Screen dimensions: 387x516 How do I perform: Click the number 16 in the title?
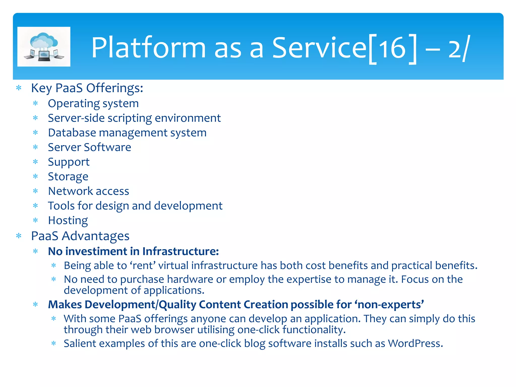[392, 48]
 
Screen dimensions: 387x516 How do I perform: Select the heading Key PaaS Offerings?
[87, 88]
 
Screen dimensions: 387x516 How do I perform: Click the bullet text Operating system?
[93, 104]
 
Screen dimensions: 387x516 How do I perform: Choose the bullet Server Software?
[89, 147]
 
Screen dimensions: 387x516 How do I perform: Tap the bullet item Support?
[69, 162]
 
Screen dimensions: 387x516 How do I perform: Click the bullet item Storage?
[68, 177]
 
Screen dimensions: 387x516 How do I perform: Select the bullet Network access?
[88, 191]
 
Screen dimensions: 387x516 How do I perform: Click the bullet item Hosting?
[68, 220]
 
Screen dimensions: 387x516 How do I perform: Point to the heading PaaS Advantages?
[80, 236]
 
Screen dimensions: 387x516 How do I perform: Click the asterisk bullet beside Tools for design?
[36, 206]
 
